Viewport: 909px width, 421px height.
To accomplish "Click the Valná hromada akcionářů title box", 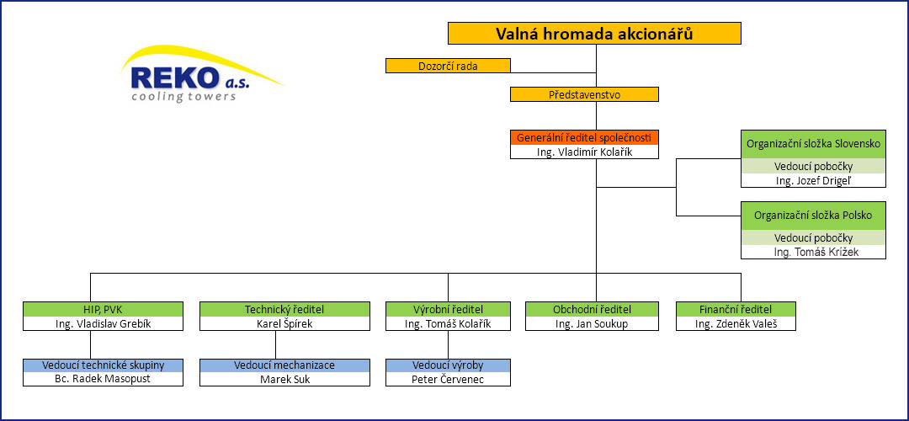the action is (595, 34).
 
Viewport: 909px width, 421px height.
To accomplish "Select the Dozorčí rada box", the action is (448, 66).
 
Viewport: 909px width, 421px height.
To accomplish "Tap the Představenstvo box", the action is (584, 94).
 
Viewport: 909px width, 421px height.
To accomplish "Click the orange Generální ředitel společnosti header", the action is (584, 138).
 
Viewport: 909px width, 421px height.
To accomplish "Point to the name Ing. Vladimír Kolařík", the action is (584, 152).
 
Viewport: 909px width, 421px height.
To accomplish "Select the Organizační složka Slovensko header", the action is (814, 144).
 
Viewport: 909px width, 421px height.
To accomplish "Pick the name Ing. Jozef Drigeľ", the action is (814, 180).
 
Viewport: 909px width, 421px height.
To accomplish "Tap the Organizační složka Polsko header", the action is (814, 216).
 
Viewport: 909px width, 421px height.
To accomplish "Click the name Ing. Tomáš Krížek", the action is (814, 252).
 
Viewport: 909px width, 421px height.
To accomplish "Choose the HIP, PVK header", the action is (104, 309).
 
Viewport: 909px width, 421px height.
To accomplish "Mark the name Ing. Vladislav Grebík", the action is (104, 323).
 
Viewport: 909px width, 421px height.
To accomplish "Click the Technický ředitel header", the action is (284, 309).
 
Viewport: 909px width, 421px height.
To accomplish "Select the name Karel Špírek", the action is (284, 323).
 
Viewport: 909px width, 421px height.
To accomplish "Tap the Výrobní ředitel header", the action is (448, 309).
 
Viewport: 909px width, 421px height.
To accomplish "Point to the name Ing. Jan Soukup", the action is (592, 323).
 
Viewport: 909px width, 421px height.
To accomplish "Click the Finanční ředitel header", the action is (736, 309).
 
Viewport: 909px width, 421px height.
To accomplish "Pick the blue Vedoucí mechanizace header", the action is (284, 365).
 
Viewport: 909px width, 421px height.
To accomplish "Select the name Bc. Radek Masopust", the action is (104, 379).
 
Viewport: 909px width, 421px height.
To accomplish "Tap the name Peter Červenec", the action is (448, 379).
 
